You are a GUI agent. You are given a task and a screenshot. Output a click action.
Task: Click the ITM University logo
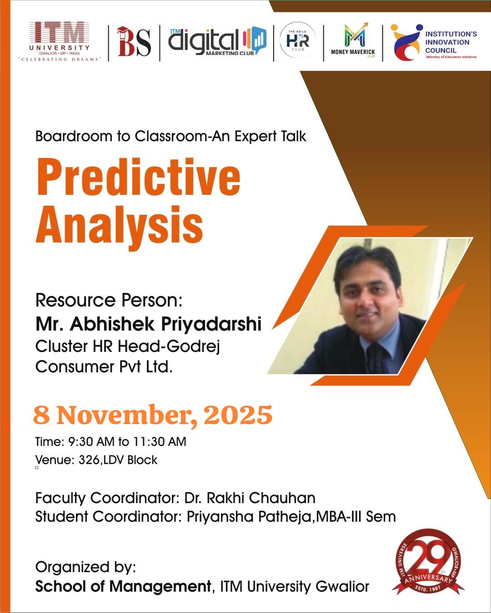coord(60,42)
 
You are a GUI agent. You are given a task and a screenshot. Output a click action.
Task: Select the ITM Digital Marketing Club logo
coord(217,42)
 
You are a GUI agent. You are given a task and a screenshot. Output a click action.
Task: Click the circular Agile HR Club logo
coord(298,40)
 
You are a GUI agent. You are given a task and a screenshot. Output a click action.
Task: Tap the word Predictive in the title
coord(138,178)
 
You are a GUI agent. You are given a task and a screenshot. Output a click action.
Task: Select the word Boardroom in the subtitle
coord(74,136)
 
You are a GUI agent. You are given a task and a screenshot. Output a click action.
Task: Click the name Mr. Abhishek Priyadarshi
coord(148,324)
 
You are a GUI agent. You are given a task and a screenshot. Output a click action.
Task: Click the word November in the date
coord(127,415)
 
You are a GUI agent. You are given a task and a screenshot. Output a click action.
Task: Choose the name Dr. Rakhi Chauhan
coord(250,498)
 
